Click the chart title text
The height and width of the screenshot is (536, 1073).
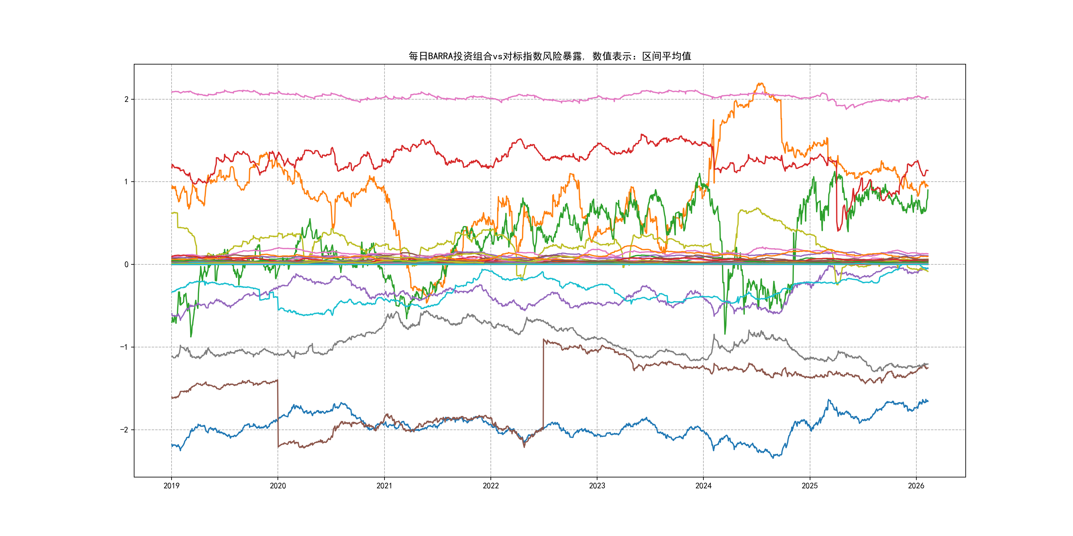tap(549, 56)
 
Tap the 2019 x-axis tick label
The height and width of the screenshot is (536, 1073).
tap(171, 486)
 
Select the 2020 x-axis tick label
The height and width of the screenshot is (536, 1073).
tap(278, 486)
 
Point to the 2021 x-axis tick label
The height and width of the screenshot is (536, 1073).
tap(384, 486)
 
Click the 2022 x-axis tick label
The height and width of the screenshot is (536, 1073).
tap(491, 486)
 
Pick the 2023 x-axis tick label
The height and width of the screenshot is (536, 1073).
tap(597, 486)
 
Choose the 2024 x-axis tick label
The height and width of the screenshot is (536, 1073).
tap(703, 486)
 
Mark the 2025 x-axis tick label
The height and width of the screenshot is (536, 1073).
tap(810, 486)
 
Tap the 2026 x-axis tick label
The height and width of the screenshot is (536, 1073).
tap(916, 486)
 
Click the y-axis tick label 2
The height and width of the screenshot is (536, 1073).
tap(126, 99)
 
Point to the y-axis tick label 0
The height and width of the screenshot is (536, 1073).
tap(126, 264)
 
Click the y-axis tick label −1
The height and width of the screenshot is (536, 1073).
tap(124, 347)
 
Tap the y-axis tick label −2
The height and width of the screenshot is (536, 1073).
tap(124, 429)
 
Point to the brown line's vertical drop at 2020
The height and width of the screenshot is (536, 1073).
tap(278, 412)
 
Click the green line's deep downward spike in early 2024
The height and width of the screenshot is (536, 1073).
tap(725, 333)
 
